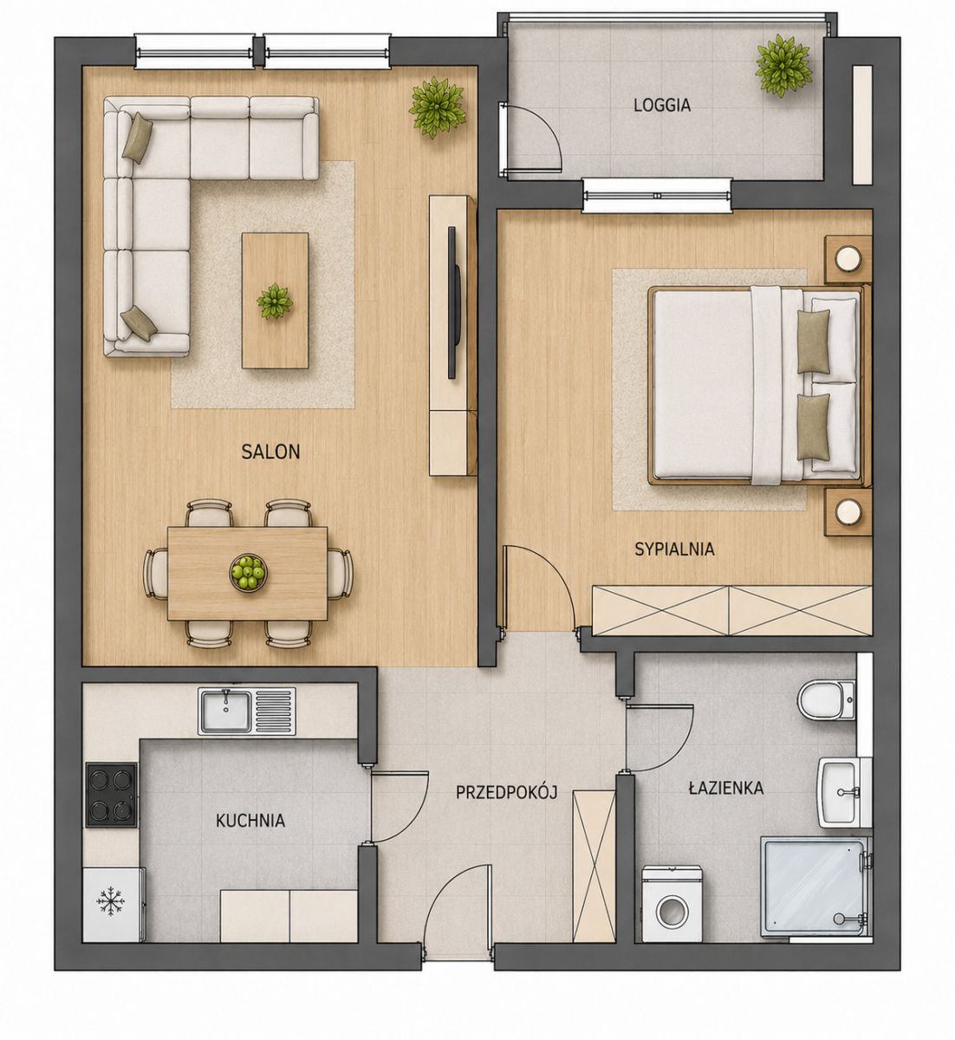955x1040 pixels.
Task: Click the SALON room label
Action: tap(270, 452)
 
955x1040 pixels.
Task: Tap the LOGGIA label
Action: tap(662, 105)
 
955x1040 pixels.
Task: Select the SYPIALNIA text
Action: tap(674, 549)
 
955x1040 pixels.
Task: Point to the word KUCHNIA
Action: tap(250, 821)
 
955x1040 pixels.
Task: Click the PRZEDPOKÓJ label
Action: tap(507, 793)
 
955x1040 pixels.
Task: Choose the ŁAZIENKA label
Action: tap(726, 789)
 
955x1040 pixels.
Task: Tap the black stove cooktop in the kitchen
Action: tap(112, 795)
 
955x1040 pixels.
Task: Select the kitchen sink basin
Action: tap(225, 712)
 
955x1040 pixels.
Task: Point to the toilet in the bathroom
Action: tap(826, 701)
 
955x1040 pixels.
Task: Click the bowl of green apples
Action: tap(247, 572)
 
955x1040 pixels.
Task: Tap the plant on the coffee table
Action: tap(275, 302)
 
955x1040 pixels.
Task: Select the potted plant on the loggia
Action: tap(783, 65)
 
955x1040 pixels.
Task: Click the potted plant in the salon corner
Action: tap(436, 107)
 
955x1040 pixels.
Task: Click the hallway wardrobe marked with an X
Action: tap(594, 865)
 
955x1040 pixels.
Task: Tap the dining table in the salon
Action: tap(247, 574)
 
